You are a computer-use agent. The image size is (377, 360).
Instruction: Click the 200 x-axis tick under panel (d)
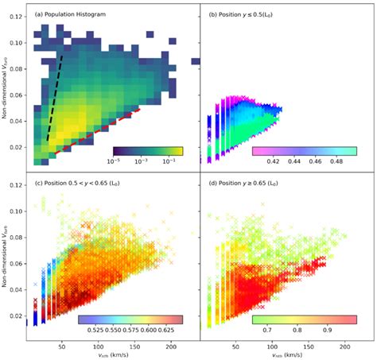[x=344, y=346]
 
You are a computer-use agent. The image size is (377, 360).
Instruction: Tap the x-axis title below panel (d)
[x=274, y=355]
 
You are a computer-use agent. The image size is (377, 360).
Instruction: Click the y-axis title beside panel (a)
[x=6, y=87]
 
